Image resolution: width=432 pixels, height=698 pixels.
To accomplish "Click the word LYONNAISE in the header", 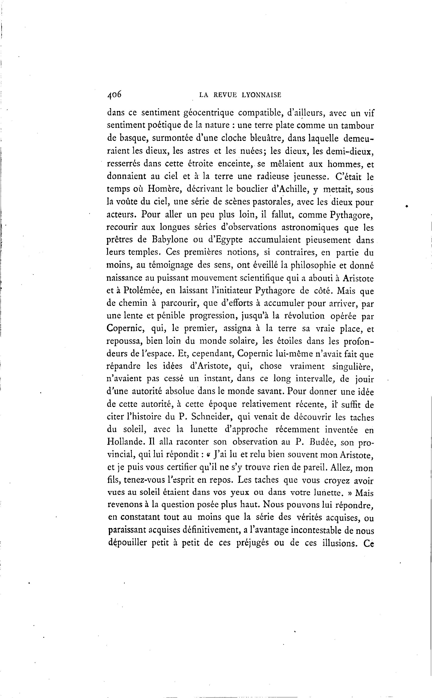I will tap(262, 95).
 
